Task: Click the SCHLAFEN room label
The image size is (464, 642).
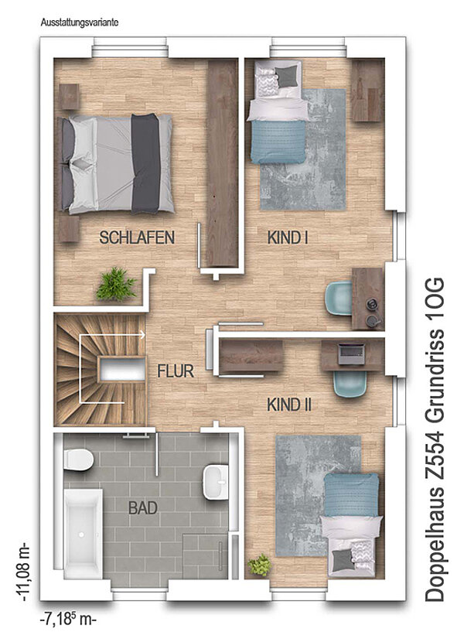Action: pos(137,237)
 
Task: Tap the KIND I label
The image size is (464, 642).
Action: pos(288,238)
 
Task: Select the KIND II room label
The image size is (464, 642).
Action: pos(289,405)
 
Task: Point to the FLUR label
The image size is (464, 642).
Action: pos(176,371)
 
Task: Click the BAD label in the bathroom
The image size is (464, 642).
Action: pos(143,508)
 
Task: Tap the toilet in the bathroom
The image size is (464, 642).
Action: pos(78,459)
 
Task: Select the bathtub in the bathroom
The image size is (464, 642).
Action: pos(83,534)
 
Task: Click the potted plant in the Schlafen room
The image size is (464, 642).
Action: pos(116,284)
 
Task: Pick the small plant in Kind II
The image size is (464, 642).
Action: pos(260,565)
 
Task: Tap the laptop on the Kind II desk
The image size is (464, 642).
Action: pos(351,353)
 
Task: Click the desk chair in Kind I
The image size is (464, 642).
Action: pos(338,298)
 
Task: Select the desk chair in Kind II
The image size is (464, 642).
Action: pos(350,384)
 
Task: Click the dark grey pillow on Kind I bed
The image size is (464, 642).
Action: pos(286,77)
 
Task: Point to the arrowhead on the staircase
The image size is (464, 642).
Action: pos(142,335)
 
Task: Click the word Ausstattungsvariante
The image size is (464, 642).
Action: pos(80,23)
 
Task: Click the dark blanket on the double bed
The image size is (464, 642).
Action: pos(145,164)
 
